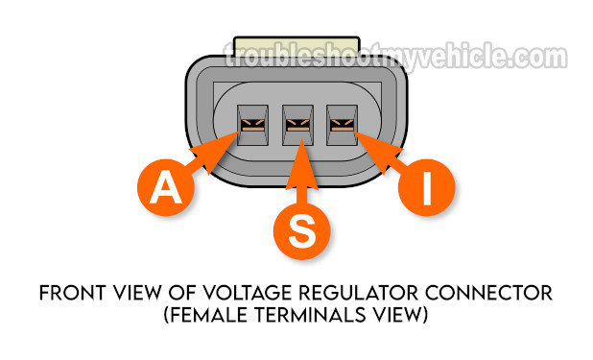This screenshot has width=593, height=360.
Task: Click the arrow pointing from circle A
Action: click(x=213, y=156)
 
